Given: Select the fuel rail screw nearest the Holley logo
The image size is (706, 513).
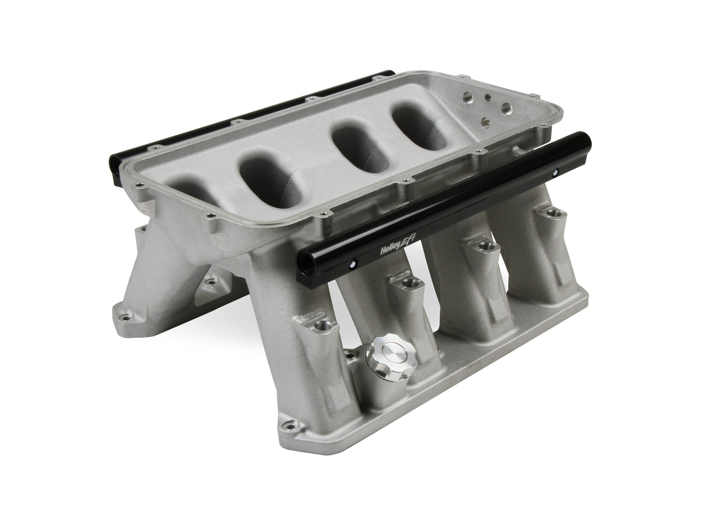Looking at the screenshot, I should click(351, 265).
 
